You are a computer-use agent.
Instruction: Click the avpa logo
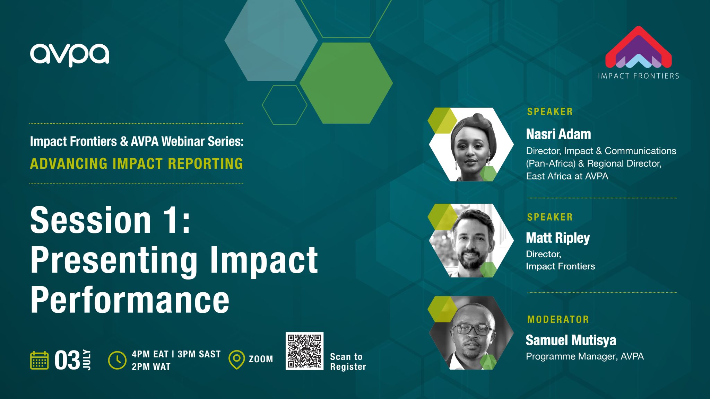pos(69,55)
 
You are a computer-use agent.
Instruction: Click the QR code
pos(304,351)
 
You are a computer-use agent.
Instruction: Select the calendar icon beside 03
pos(39,361)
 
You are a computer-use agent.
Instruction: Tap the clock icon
pos(117,360)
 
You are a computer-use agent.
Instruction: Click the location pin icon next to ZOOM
pos(237,360)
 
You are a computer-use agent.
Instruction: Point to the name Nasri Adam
pos(558,134)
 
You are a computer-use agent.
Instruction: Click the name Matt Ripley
pos(557,238)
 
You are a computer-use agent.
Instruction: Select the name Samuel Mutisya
pos(571,340)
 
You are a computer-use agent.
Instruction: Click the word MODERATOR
pos(558,319)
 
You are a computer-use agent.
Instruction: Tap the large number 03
pos(67,361)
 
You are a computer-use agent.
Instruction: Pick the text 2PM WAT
pos(151,367)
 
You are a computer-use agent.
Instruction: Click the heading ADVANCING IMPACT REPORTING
pos(136,164)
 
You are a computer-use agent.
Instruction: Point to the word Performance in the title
pos(130,300)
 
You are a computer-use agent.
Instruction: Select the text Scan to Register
pos(348,362)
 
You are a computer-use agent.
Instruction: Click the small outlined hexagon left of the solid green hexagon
pos(284,105)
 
